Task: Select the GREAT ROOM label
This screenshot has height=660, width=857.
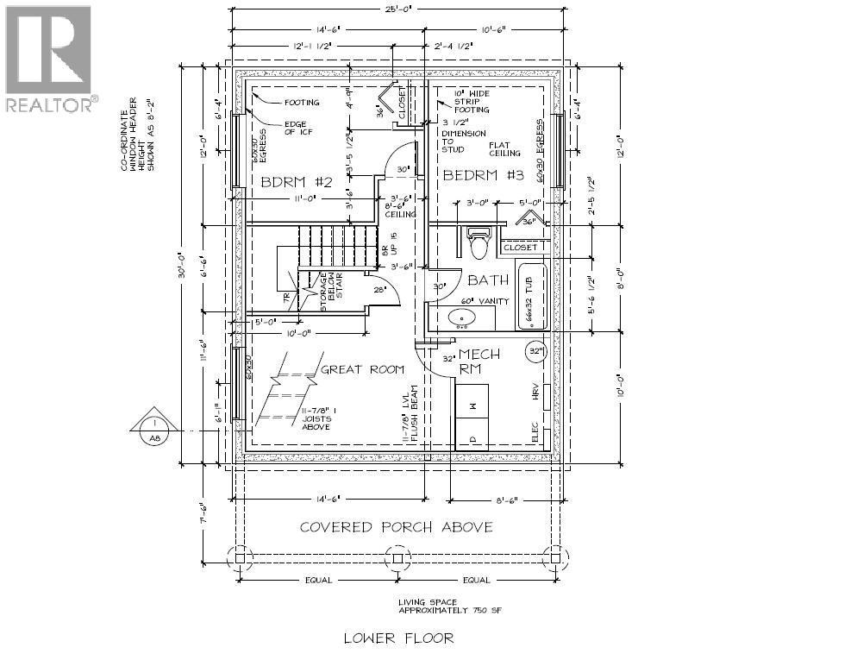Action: pos(362,369)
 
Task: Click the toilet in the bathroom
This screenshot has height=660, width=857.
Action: pos(479,243)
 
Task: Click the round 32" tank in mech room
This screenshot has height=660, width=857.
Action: pos(538,352)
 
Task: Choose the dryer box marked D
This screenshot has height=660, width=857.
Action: pos(472,436)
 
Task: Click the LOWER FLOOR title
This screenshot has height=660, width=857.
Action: pos(397,638)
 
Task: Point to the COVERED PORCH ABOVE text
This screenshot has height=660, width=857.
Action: pos(396,526)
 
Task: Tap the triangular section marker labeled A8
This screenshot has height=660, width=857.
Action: pos(153,425)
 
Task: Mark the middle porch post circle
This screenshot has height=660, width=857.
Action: pos(397,558)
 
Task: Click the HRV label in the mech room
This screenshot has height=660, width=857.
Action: pos(535,391)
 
